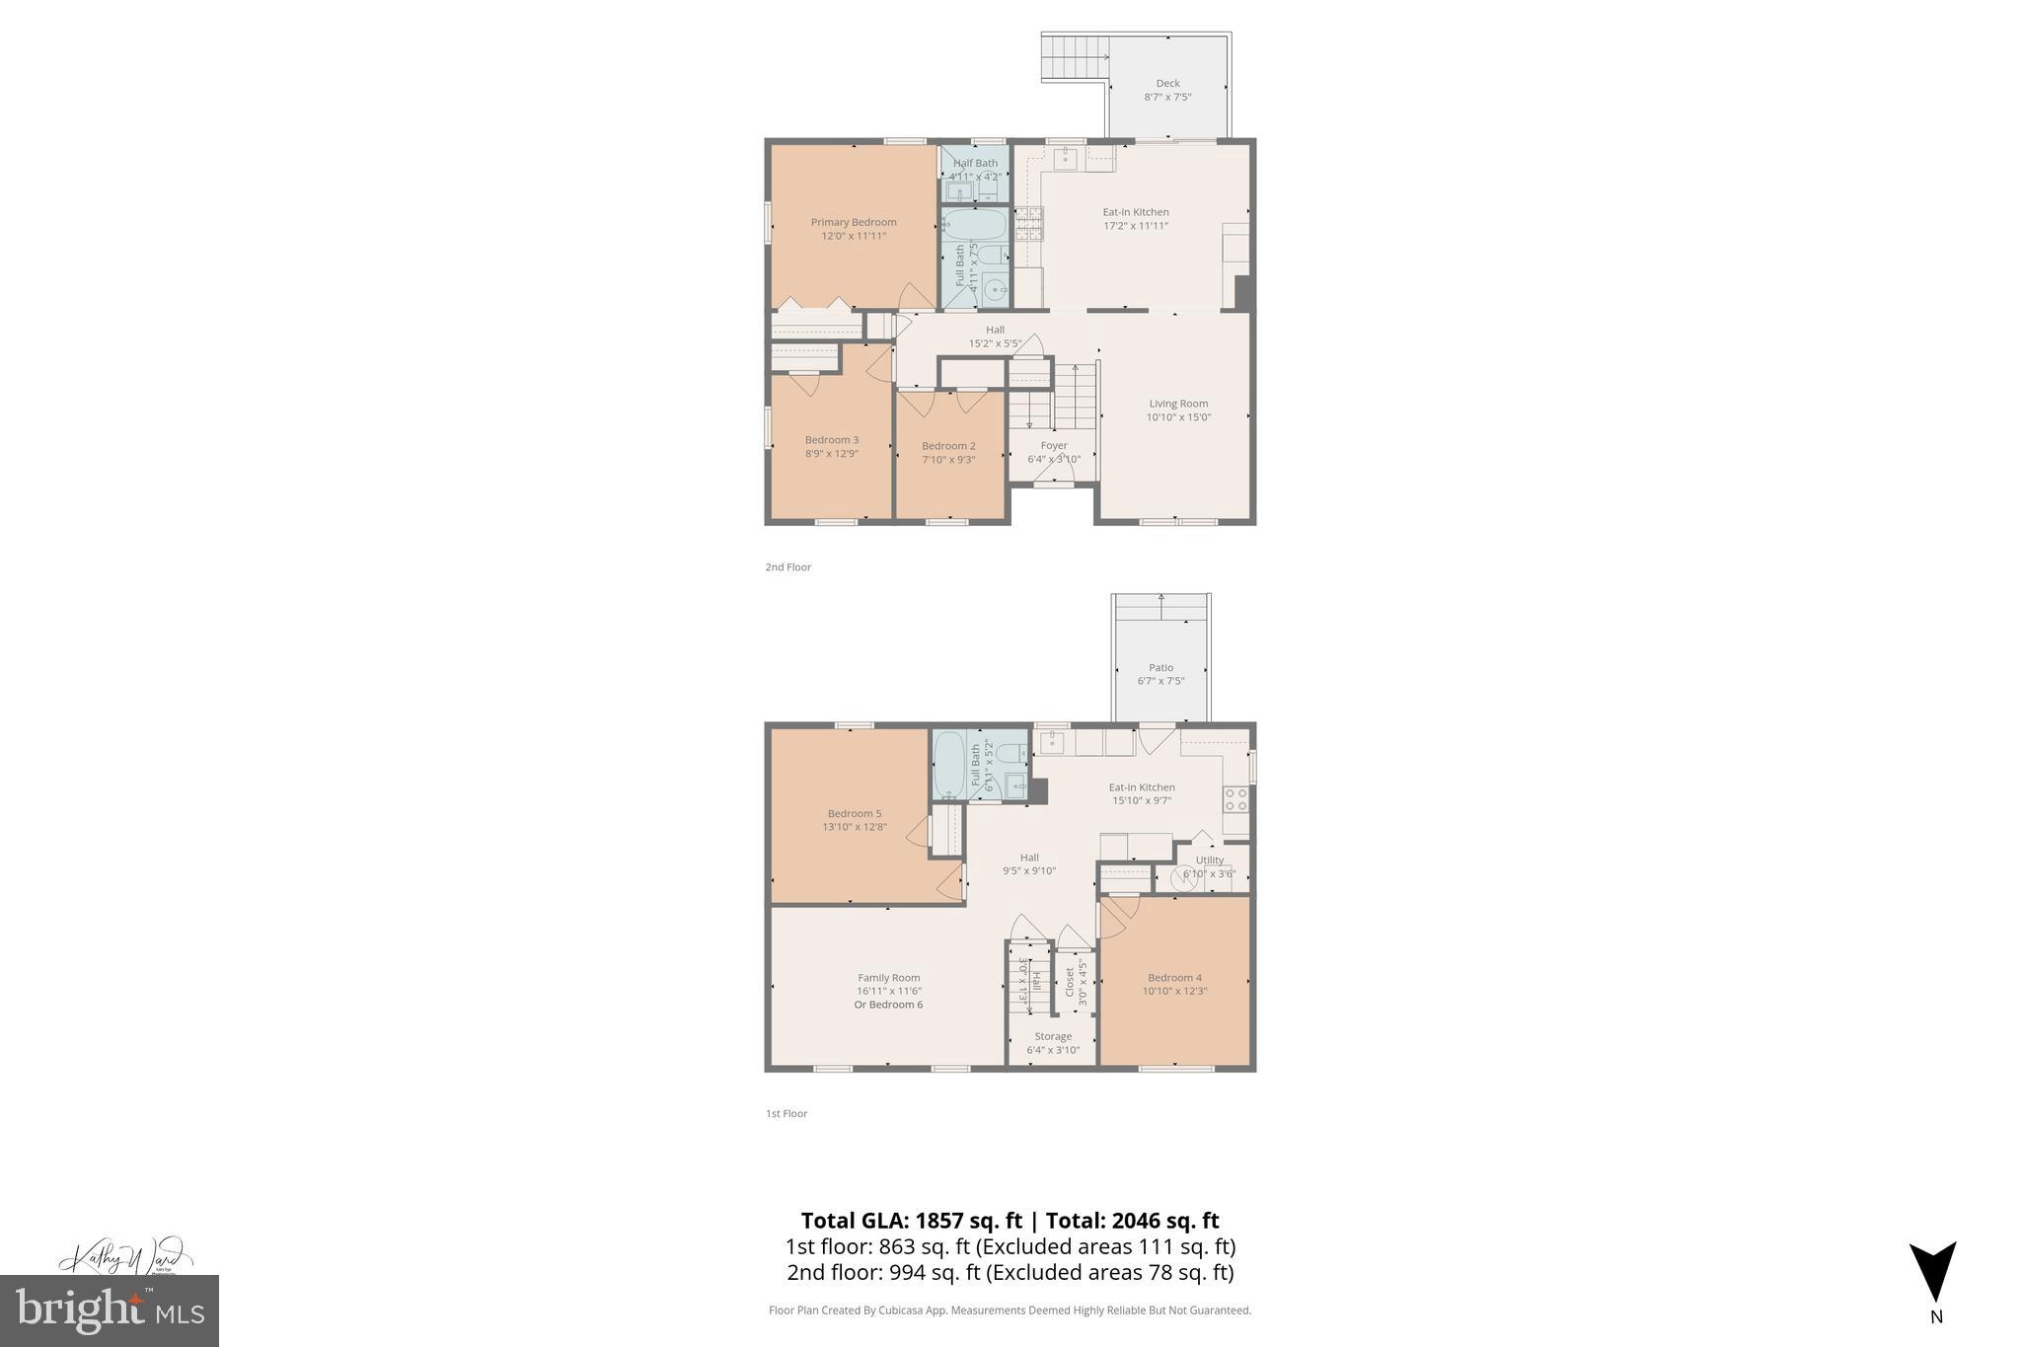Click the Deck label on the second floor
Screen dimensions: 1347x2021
coord(1167,84)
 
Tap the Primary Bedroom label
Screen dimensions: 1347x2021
coord(854,222)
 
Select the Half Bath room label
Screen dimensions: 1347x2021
coord(975,163)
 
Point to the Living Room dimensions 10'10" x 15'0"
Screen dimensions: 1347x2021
coord(1178,417)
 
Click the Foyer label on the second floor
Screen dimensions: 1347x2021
coord(1054,445)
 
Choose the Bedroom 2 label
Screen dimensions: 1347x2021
coord(948,446)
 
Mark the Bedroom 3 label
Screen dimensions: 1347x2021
coord(832,440)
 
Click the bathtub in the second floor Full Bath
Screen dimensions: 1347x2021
coord(974,225)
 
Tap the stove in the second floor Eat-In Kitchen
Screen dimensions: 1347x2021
coord(1029,224)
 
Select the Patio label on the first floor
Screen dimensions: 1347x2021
coord(1160,668)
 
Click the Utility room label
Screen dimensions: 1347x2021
coord(1210,860)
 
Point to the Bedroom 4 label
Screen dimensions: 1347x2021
coord(1174,978)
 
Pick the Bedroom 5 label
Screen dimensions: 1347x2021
coord(855,813)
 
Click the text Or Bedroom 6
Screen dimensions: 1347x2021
coord(888,1005)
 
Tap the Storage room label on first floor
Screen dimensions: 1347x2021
coord(1053,1036)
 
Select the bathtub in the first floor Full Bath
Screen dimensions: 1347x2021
coord(949,765)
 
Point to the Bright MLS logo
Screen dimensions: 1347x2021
coord(110,1310)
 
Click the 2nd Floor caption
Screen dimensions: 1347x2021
coord(787,567)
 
